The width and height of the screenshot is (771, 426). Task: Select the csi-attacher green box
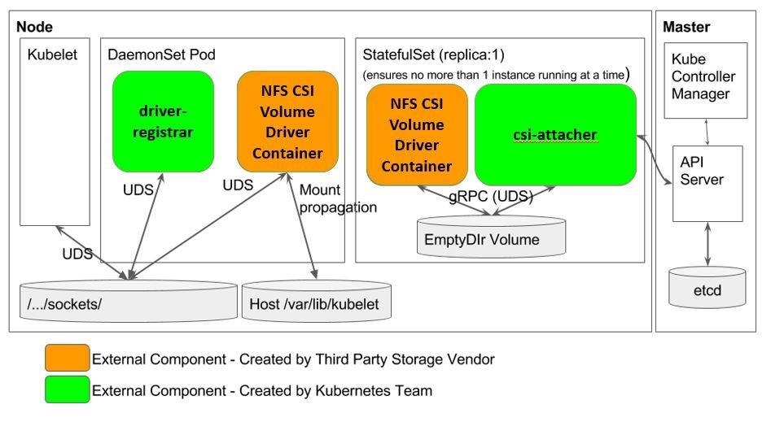[x=555, y=133]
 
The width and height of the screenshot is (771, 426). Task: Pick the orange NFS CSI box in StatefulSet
[x=416, y=135]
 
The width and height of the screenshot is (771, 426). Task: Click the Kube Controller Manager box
[x=705, y=77]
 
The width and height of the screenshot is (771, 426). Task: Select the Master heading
[x=686, y=27]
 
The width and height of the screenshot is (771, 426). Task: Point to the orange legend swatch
[x=68, y=358]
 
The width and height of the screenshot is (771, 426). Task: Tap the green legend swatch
[x=68, y=390]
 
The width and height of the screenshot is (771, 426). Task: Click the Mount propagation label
[x=338, y=198]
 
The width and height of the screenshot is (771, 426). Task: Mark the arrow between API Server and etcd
[x=707, y=243]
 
